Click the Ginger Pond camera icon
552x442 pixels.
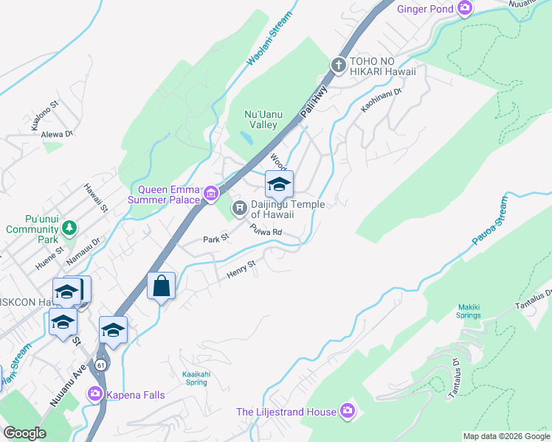[465, 8]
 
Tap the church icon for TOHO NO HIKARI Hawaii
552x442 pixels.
[339, 66]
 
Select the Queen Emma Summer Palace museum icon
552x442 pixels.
[212, 194]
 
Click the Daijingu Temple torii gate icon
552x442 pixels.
[240, 208]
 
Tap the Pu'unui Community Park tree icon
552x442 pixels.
[69, 228]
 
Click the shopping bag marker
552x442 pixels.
[162, 286]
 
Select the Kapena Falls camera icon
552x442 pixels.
[95, 393]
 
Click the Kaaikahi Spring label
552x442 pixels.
[196, 378]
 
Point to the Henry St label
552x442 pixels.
[241, 269]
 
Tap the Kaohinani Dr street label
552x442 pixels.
[380, 101]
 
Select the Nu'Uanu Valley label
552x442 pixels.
[261, 119]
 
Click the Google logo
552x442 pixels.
[24, 433]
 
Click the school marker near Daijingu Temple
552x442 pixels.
[279, 184]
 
